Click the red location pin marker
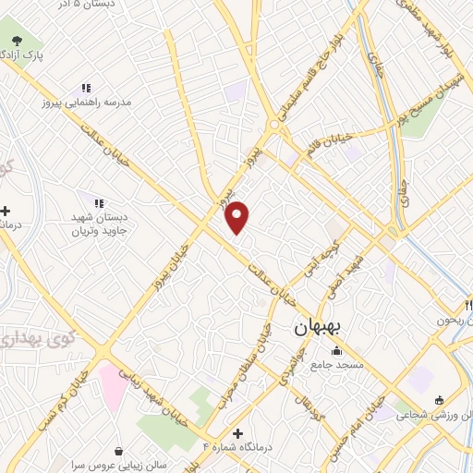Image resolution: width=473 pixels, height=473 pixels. pos(237,216)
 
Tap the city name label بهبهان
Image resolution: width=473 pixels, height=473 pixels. pos(319,328)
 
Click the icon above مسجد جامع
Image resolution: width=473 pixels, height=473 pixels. pos(336,351)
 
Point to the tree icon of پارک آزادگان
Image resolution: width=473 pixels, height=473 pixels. pos(17,40)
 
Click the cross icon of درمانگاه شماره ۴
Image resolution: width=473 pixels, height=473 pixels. pos(237,433)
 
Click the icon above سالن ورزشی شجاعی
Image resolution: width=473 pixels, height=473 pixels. pos(439,399)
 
